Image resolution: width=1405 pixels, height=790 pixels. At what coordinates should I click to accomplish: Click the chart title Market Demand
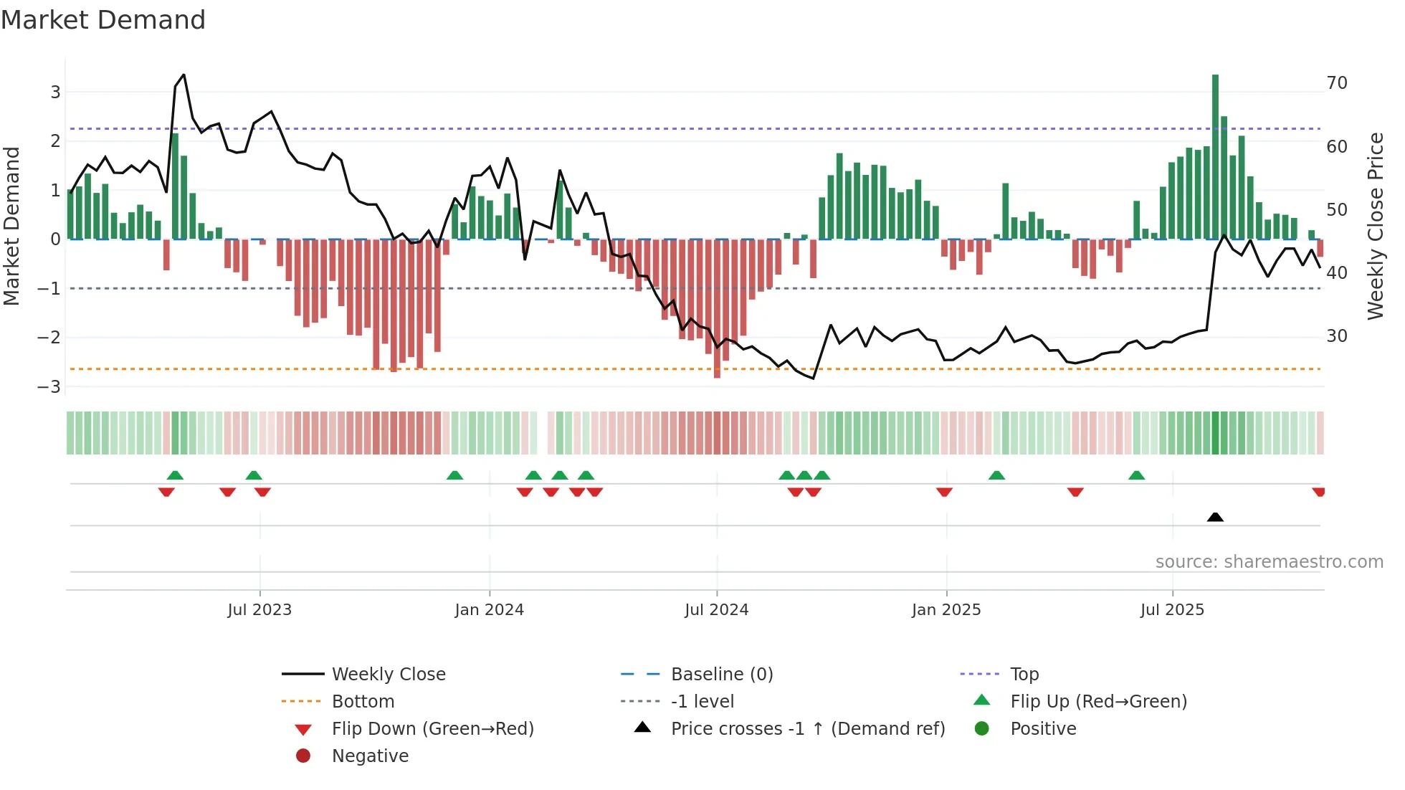coord(103,20)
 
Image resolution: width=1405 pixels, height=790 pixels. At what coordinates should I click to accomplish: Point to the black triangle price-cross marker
coord(1215,517)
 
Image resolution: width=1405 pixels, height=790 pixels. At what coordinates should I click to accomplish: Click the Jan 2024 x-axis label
coord(489,610)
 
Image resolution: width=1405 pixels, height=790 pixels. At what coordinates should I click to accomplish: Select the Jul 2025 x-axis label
coord(1172,610)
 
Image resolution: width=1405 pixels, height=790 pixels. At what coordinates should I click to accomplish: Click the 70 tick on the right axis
coord(1336,83)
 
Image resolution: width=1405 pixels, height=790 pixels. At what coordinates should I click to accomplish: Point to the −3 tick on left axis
coord(49,387)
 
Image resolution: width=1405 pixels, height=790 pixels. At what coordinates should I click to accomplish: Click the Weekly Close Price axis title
coord(1375,226)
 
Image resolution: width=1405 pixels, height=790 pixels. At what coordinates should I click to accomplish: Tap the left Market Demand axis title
coord(12,226)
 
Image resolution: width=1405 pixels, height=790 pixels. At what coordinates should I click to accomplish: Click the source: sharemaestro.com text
coord(1269,562)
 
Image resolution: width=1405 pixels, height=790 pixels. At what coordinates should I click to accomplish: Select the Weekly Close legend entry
coord(388,675)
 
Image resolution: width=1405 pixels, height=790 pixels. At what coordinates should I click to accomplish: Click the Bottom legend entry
coord(363,702)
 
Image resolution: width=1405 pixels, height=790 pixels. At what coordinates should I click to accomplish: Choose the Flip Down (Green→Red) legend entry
coord(432,729)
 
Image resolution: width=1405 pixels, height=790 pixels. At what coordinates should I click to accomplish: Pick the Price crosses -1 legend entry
coord(807,729)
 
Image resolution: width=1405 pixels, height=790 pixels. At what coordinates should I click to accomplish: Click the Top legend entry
coord(1024,675)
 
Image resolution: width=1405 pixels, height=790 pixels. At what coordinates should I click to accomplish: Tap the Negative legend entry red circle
coord(303,756)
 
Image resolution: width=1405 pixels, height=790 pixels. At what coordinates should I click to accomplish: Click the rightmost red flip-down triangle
coord(1318,492)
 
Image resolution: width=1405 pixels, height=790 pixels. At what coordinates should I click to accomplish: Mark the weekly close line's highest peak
coord(184,75)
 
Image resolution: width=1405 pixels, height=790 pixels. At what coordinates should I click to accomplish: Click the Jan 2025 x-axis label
coord(946,610)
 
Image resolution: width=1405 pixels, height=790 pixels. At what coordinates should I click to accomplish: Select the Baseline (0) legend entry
coord(721,675)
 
